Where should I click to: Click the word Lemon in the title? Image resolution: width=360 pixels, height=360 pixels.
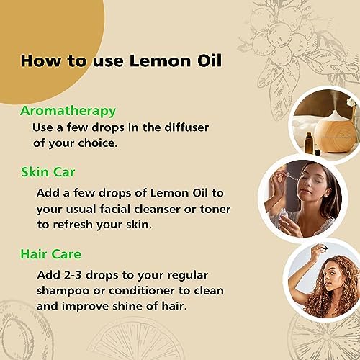[x=160, y=60]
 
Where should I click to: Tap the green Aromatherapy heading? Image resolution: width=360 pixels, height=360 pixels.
[x=68, y=112]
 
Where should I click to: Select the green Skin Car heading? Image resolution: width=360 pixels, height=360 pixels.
[x=48, y=172]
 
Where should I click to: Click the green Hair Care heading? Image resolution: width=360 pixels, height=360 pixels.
[x=51, y=254]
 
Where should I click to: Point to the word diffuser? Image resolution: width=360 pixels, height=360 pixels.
[x=186, y=127]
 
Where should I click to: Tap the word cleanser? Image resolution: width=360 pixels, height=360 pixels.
[x=157, y=209]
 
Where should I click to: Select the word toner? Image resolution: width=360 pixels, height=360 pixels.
[x=215, y=210]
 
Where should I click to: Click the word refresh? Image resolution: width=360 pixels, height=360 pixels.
[x=73, y=225]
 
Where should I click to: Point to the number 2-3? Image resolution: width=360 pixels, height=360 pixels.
[x=73, y=275]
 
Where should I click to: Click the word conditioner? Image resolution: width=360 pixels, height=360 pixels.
[x=142, y=291]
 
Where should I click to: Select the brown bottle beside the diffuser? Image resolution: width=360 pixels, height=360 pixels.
[x=309, y=143]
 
